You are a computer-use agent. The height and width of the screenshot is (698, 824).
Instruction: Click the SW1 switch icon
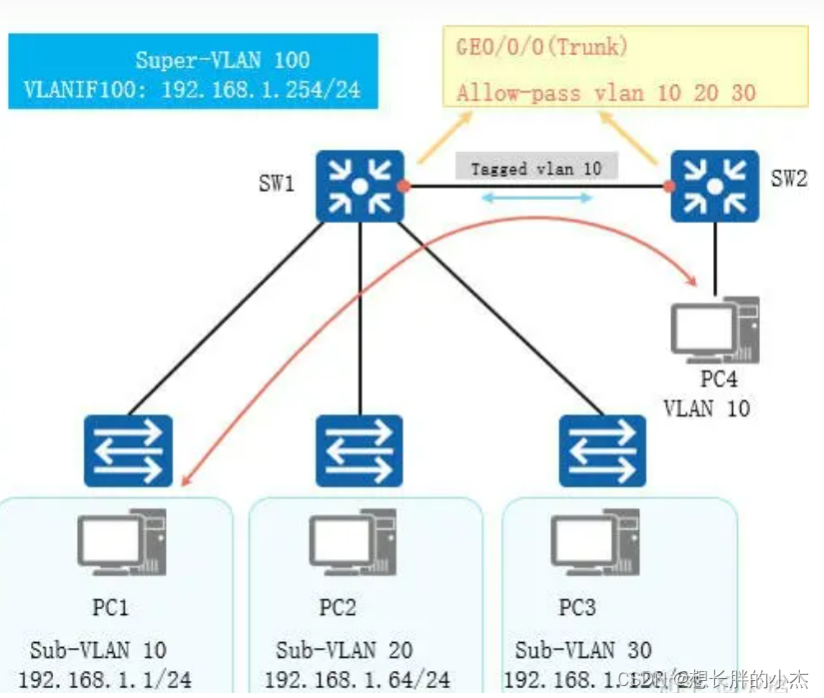pyautogui.click(x=360, y=185)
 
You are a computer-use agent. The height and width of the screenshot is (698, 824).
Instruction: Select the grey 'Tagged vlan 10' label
pyautogui.click(x=536, y=168)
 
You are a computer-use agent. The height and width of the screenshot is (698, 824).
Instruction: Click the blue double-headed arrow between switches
pyautogui.click(x=536, y=199)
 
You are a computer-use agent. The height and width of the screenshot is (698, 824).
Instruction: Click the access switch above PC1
pyautogui.click(x=129, y=450)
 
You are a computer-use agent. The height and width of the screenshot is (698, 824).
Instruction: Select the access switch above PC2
pyautogui.click(x=360, y=450)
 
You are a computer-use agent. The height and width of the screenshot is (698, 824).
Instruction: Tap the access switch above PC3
pyautogui.click(x=602, y=450)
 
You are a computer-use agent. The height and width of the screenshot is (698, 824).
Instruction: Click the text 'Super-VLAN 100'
pyautogui.click(x=223, y=61)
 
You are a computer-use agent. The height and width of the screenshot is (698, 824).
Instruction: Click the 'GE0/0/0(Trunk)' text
pyautogui.click(x=540, y=47)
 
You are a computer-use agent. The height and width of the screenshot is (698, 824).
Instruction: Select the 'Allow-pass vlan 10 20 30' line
pyautogui.click(x=606, y=93)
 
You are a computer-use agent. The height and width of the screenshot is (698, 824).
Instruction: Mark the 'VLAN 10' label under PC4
pyautogui.click(x=707, y=407)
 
